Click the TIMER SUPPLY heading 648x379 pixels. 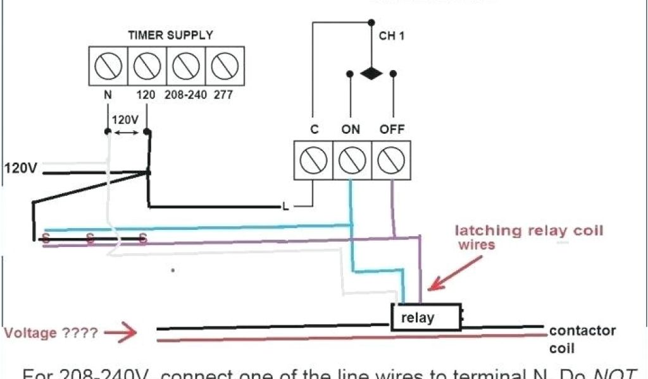(x=170, y=35)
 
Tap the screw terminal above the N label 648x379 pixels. (x=108, y=65)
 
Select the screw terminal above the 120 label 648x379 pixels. (x=147, y=65)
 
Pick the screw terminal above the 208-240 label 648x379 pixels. (x=186, y=65)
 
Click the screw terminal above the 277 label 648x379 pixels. (x=225, y=65)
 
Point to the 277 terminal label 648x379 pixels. (x=223, y=95)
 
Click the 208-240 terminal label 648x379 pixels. (x=184, y=95)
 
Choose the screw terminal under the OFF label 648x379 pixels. (x=391, y=161)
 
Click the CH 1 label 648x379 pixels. (x=391, y=35)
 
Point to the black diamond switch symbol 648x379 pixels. (x=371, y=73)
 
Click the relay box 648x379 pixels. (x=425, y=316)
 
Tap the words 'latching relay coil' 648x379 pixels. (x=529, y=231)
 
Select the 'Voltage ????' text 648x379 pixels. (x=51, y=332)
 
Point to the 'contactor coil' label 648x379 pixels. (x=582, y=339)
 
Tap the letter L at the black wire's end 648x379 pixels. (x=285, y=207)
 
